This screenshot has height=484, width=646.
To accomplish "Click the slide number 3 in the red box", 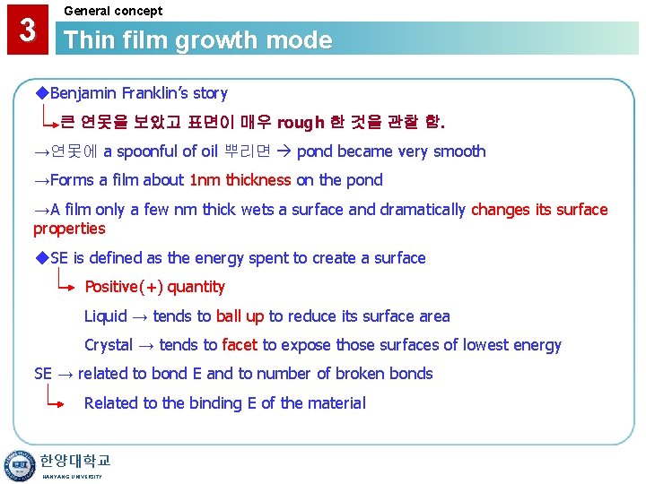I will coord(28,30).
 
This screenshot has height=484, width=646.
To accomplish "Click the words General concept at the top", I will coord(113,11).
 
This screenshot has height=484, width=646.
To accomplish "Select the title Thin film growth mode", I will coord(198,40).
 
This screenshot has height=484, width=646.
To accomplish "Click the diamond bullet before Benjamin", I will coord(41,93).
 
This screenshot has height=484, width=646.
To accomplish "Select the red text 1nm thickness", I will coord(240,180).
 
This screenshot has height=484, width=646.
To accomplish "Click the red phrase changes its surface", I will coord(539,210).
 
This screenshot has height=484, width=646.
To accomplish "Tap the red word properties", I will coord(69,229).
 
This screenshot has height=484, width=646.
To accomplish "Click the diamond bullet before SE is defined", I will coord(41,258).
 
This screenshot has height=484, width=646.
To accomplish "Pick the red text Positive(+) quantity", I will coord(154,287).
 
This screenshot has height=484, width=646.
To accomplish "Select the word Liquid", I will coord(106,316).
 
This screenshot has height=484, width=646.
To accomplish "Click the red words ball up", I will coord(240,316).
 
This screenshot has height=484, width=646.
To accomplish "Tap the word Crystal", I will coord(109,345).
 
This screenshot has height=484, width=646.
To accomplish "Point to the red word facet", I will coord(240,345).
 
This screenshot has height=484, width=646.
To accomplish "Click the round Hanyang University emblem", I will coord(17,465).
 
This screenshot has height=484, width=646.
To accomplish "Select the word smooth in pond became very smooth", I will coord(459,151).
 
